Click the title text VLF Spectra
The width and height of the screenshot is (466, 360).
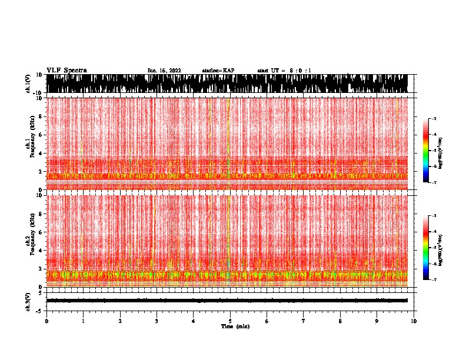[66, 71]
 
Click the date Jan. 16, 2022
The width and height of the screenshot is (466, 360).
[164, 71]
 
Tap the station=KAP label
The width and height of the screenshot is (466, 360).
[218, 71]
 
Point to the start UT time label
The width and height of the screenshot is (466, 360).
[284, 71]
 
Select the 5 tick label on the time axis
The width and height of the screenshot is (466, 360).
[230, 321]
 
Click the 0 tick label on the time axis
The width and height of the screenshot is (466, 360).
[46, 321]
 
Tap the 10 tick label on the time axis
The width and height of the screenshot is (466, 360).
[414, 321]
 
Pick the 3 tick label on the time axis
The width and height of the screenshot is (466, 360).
[157, 321]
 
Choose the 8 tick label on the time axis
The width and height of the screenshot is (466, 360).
[340, 321]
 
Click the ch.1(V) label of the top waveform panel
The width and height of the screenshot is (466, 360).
[28, 84]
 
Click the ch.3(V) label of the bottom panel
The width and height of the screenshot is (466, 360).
[28, 301]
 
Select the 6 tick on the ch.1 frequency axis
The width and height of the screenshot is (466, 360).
[41, 135]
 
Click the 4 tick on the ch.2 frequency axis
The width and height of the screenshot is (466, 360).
[41, 250]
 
